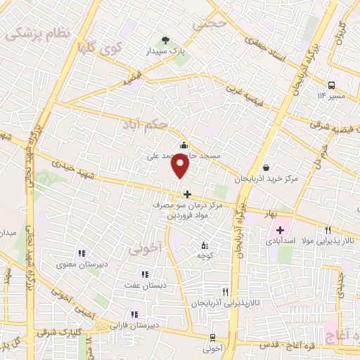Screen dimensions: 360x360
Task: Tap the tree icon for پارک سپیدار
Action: [165, 40]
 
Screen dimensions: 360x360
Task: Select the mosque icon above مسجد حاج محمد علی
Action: [184, 146]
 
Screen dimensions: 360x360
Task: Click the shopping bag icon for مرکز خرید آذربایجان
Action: [266, 167]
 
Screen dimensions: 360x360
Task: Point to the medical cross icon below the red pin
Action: [186, 194]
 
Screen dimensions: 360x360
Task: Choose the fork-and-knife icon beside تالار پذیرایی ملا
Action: [328, 230]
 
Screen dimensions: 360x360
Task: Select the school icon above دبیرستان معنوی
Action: [82, 253]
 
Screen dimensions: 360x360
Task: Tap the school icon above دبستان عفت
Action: [145, 274]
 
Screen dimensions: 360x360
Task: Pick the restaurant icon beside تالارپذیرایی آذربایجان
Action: [225, 291]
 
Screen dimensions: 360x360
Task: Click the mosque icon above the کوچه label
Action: [205, 245]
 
